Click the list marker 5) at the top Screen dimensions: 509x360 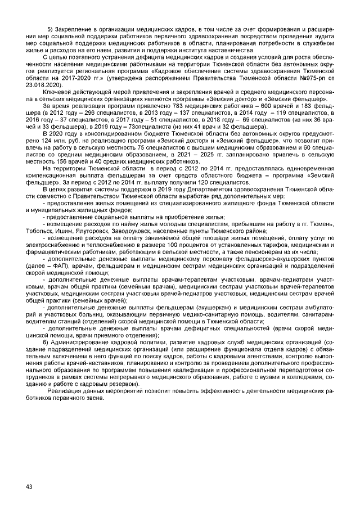point(50,29)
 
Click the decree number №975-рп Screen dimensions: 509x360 point(316,78)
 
